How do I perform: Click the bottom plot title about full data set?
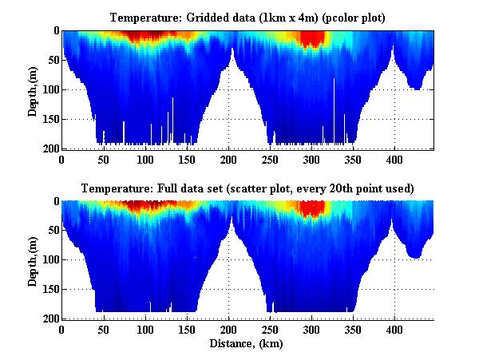(x=247, y=188)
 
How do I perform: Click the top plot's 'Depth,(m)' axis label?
(x=33, y=90)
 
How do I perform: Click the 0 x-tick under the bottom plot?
(x=62, y=329)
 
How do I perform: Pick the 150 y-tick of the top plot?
(x=50, y=119)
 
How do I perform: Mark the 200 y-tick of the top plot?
(x=50, y=148)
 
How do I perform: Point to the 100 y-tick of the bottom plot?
(x=50, y=260)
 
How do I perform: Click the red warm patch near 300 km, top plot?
(x=312, y=38)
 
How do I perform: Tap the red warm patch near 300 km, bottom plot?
(x=312, y=208)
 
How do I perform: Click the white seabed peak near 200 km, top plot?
(x=232, y=96)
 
